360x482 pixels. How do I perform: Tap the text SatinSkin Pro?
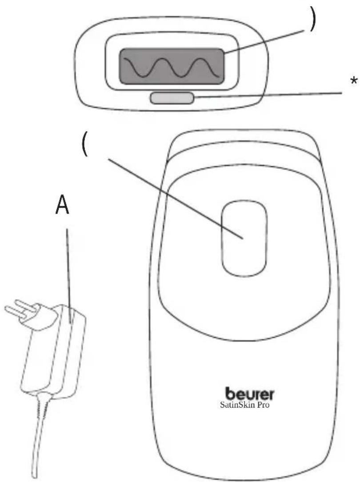[245, 405]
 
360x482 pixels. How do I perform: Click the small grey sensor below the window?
[172, 98]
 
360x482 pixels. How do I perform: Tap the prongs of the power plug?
[18, 309]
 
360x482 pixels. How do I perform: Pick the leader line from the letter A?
[68, 275]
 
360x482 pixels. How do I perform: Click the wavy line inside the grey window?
[172, 68]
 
